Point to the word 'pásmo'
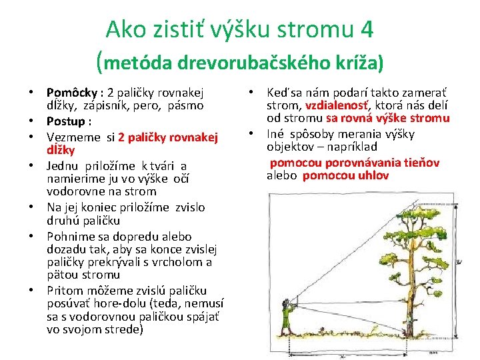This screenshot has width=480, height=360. [x=186, y=105]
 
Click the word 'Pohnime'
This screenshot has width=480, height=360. [x=69, y=236]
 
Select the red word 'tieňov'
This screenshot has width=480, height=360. [x=419, y=163]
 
